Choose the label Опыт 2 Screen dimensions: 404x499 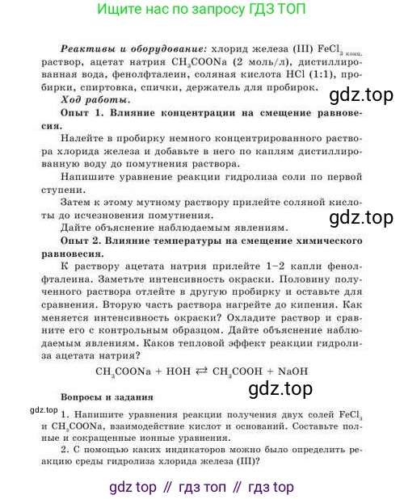point(84,241)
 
